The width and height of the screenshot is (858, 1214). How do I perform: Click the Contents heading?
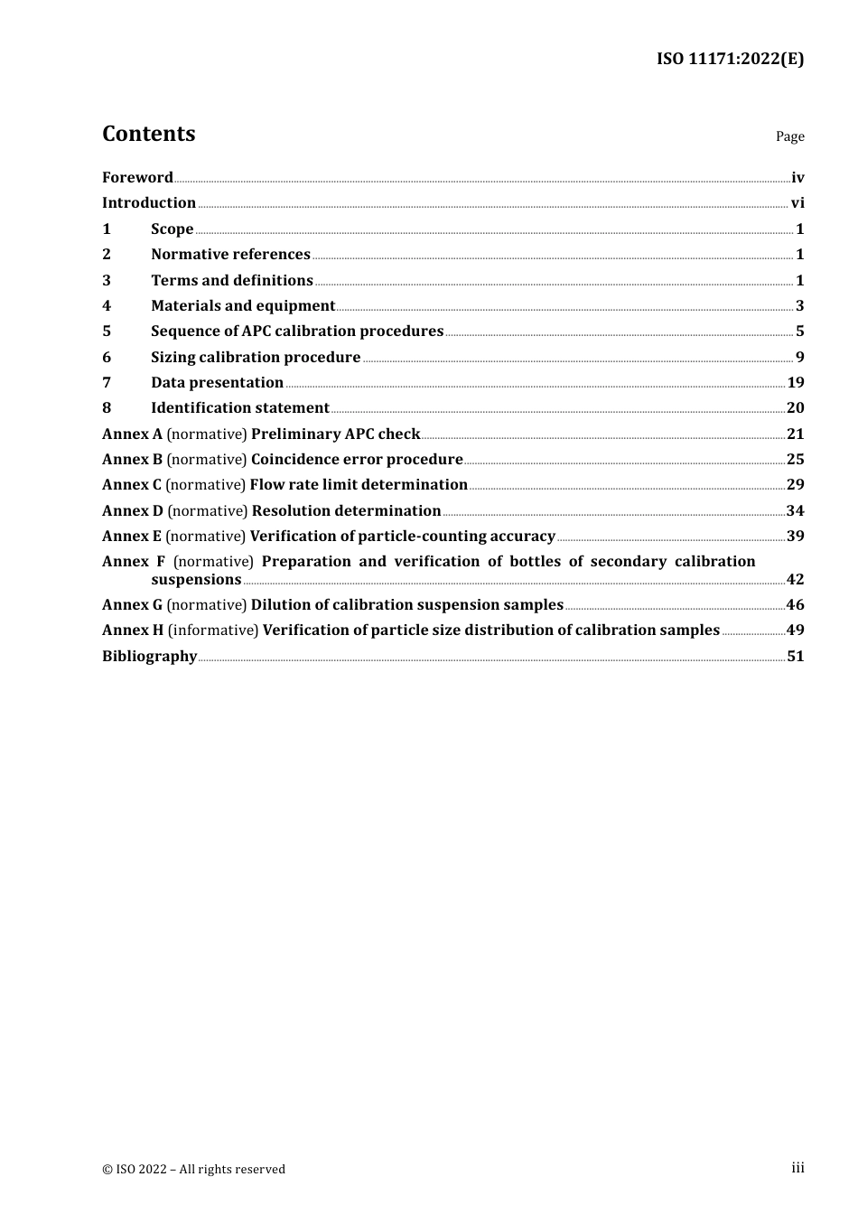point(148,134)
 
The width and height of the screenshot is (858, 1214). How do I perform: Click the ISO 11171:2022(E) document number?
point(730,60)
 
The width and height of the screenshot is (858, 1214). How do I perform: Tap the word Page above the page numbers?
point(789,136)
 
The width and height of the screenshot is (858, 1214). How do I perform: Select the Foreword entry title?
point(137,178)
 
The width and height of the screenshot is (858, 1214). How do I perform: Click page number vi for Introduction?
point(797,203)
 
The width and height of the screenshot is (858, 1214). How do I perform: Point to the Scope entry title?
point(172,229)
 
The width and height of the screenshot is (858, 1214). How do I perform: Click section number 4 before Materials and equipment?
point(107,306)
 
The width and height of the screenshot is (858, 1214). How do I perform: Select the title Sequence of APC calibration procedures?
point(297,332)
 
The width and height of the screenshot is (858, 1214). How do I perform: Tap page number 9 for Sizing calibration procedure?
point(799,358)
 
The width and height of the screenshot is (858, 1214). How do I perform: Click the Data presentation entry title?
point(217,383)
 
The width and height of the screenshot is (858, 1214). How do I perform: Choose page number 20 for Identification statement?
point(795,408)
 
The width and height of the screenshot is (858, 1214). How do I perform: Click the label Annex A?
point(132,434)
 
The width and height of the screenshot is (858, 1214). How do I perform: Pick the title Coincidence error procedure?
point(357,460)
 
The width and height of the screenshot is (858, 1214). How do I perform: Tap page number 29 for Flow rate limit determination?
point(795,485)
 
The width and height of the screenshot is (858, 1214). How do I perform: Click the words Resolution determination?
point(346,511)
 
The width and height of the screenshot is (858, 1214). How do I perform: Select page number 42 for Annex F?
point(795,580)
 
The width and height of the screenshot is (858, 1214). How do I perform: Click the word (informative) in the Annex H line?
point(213,630)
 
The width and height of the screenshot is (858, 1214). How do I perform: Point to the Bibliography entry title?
point(149,657)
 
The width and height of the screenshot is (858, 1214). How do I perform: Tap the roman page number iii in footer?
point(797,1168)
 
